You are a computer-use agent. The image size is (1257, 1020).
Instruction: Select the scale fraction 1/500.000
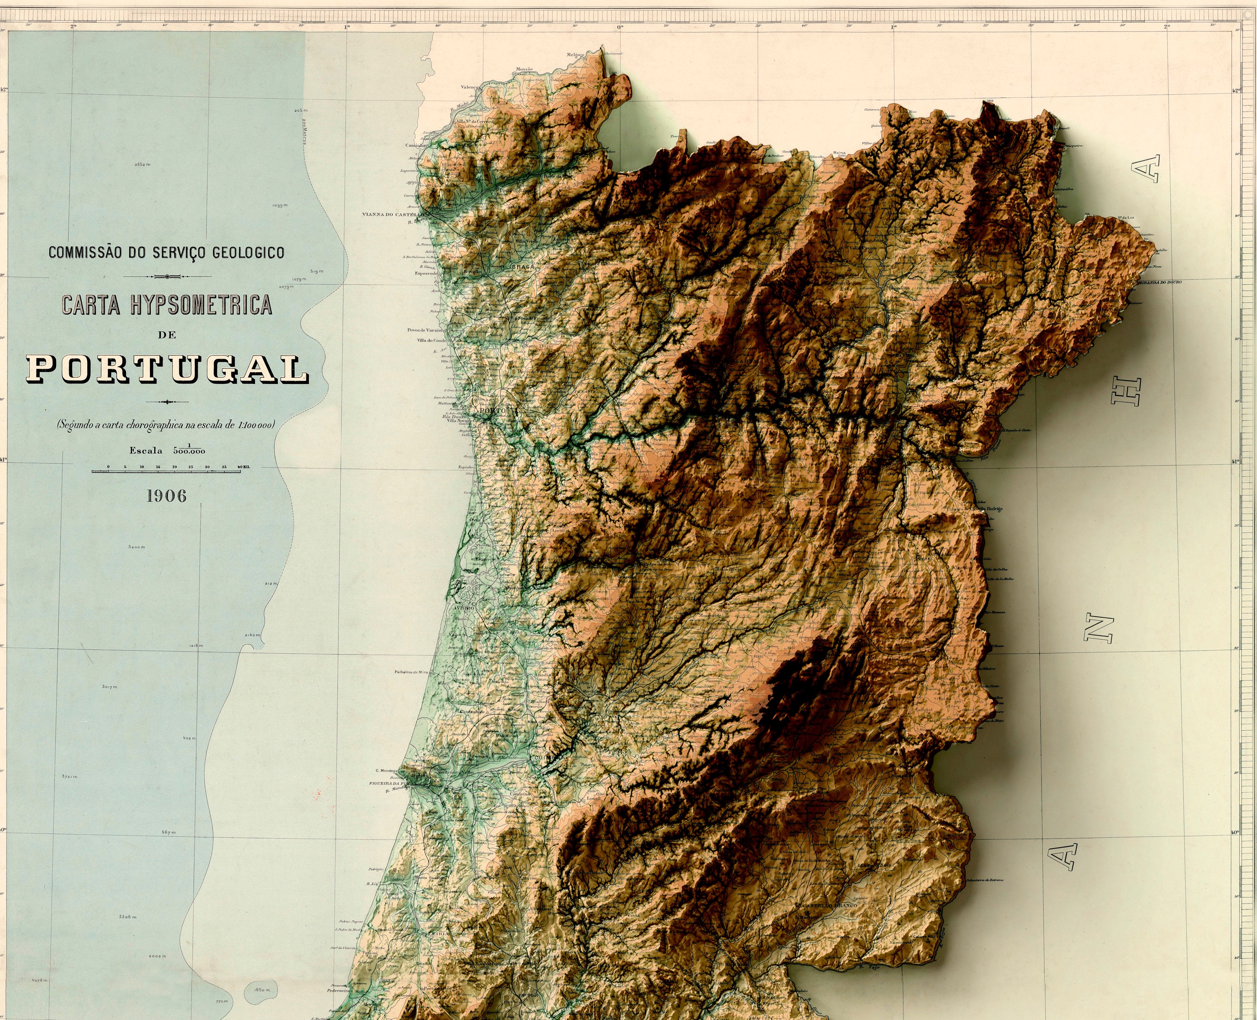coord(189,451)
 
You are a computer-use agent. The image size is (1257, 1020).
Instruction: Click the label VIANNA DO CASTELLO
coord(392,214)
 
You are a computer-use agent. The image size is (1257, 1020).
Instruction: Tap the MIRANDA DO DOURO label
coord(1159,282)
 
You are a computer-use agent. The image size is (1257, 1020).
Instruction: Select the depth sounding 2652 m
coord(142,165)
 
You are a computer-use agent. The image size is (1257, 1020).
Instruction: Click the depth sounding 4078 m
coord(39,980)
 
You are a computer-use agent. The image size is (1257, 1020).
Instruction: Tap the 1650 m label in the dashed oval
coord(262,990)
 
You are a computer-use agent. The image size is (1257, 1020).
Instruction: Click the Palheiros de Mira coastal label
coord(411,672)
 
